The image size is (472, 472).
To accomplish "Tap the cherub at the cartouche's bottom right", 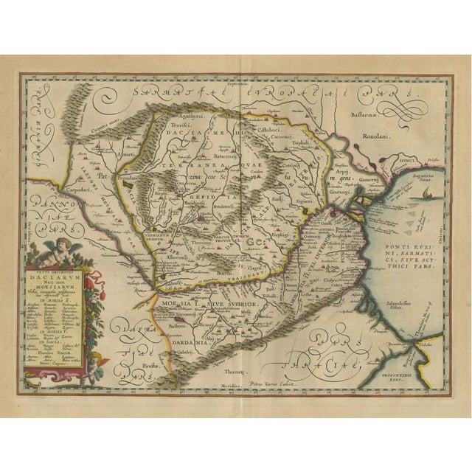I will (x=96, y=361).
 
